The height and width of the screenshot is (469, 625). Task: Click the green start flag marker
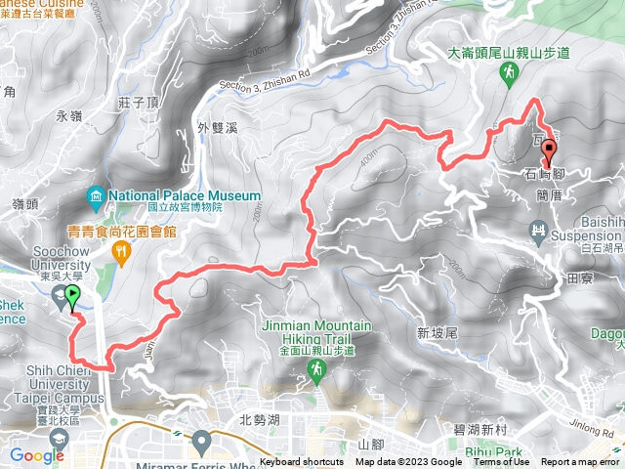click(71, 294)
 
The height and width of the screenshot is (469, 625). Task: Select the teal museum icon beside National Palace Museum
click(96, 194)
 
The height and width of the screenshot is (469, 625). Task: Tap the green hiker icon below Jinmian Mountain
click(317, 368)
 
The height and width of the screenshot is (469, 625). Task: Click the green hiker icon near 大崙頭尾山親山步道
click(508, 73)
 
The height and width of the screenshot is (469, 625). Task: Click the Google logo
click(36, 455)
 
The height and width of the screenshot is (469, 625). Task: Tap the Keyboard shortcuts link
click(301, 462)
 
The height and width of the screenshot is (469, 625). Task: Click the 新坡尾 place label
click(437, 333)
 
